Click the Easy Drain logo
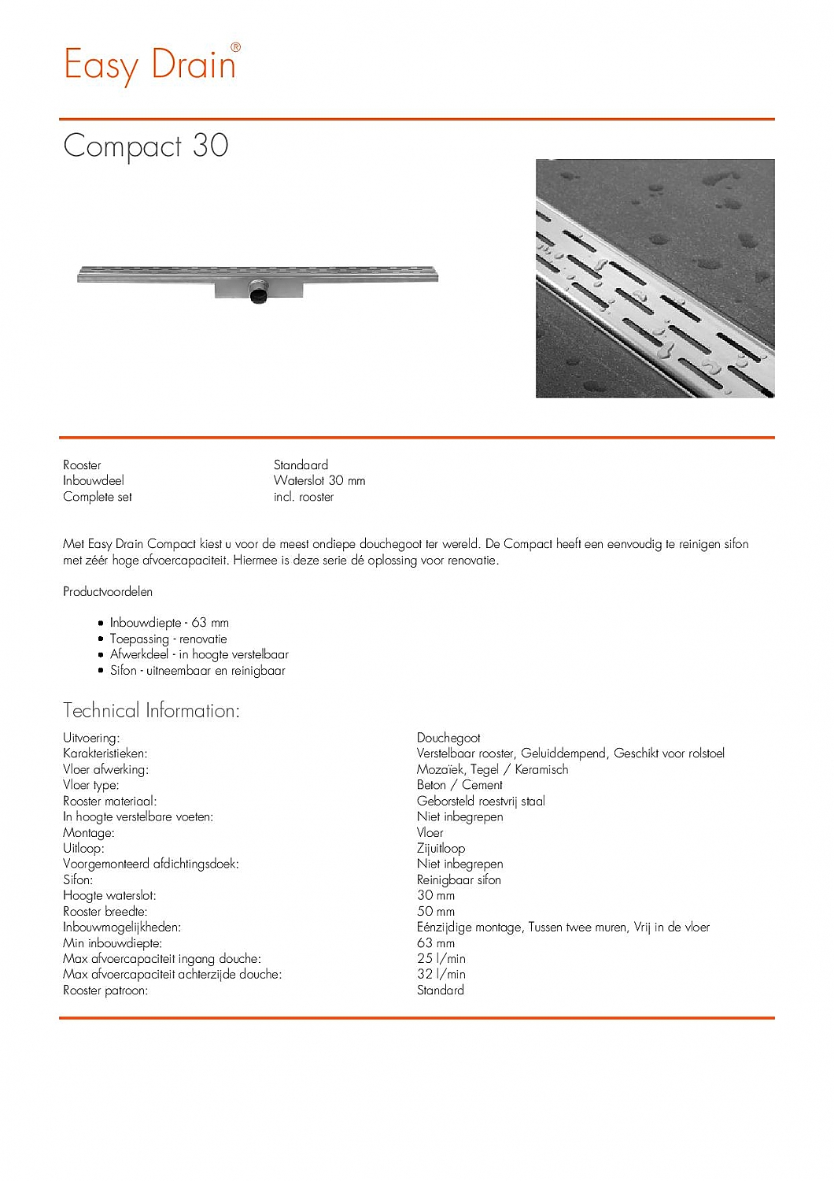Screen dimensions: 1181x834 pyautogui.click(x=149, y=65)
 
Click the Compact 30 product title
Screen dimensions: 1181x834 pyautogui.click(x=146, y=146)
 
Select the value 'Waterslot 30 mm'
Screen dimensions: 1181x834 pyautogui.click(x=319, y=480)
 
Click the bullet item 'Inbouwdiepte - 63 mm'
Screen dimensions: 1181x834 pyautogui.click(x=169, y=623)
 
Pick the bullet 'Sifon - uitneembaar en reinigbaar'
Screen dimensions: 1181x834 pyautogui.click(x=197, y=671)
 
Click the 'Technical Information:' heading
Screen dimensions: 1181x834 pyautogui.click(x=151, y=711)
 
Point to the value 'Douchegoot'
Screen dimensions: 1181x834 pyautogui.click(x=448, y=738)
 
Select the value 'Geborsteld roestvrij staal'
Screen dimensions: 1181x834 pyautogui.click(x=481, y=801)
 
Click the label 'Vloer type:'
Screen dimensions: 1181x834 pyautogui.click(x=91, y=785)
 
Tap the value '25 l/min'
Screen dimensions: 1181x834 pyautogui.click(x=441, y=958)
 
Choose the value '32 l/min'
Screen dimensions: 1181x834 pyautogui.click(x=441, y=974)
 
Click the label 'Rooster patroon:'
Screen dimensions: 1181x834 pyautogui.click(x=105, y=990)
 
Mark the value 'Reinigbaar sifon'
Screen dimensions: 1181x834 pyautogui.click(x=459, y=879)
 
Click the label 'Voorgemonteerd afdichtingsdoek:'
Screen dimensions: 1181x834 pyautogui.click(x=151, y=864)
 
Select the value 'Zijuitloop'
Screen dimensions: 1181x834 pyautogui.click(x=441, y=848)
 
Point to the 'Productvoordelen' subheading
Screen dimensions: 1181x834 pyautogui.click(x=108, y=591)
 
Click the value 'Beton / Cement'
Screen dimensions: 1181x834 pyautogui.click(x=459, y=785)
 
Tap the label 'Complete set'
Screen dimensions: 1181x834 pyautogui.click(x=98, y=497)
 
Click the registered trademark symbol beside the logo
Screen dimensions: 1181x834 pyautogui.click(x=235, y=47)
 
